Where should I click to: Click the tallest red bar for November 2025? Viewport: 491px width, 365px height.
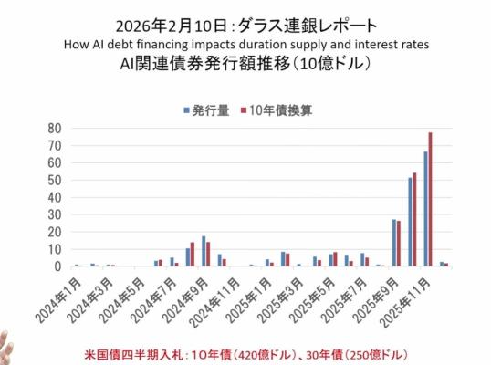point(430,200)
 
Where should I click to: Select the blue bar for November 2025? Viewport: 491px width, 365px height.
point(426,209)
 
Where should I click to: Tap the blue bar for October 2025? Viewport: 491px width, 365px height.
point(410,222)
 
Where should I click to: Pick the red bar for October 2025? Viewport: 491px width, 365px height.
point(414,219)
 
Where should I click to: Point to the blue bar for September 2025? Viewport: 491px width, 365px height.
point(394,243)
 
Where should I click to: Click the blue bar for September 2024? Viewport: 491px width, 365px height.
point(204,251)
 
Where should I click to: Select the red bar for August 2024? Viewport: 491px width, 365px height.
point(193,255)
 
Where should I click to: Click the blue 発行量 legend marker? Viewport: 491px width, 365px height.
point(186,110)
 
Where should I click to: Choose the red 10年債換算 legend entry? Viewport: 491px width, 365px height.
point(277,110)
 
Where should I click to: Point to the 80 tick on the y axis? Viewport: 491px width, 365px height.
point(55,128)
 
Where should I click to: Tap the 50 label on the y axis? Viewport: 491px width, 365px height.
point(55,181)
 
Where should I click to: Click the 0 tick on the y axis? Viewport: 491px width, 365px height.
point(57,266)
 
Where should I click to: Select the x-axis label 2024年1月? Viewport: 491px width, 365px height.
point(59,300)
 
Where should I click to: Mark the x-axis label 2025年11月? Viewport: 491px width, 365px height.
point(406,303)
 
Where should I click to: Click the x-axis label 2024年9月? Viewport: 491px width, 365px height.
point(186,300)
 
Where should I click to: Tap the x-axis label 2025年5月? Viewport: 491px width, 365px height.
point(313,300)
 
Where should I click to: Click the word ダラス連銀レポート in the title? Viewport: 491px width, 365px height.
point(308,26)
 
